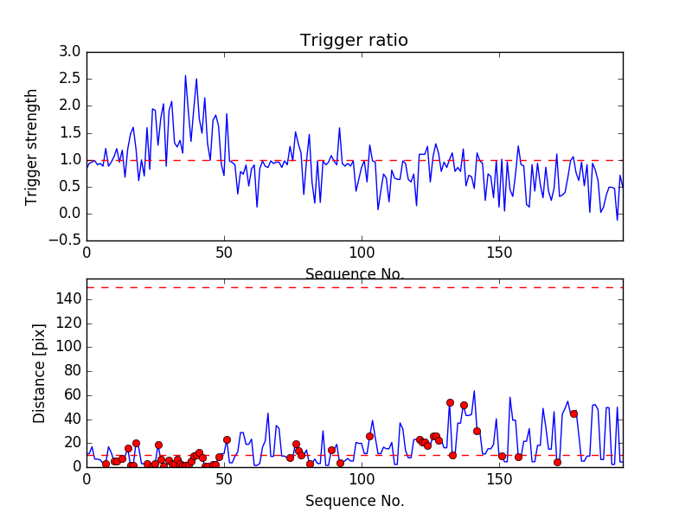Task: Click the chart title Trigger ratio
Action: (354, 41)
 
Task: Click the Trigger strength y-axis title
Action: (32, 147)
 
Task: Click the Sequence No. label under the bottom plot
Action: (355, 501)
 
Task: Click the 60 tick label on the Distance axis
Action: (73, 394)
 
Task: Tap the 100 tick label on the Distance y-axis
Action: (69, 347)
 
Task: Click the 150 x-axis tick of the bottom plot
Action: (499, 479)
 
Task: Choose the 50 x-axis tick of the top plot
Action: (224, 253)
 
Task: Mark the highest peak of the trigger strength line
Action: (185, 75)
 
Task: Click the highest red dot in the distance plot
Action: (450, 402)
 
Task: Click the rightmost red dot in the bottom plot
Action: (573, 413)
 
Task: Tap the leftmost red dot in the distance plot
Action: (106, 464)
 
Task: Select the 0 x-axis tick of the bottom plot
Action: (86, 479)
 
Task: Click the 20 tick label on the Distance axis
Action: (73, 442)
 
